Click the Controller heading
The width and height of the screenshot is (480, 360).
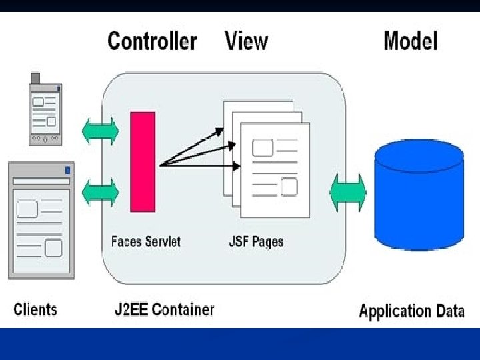pyautogui.click(x=152, y=41)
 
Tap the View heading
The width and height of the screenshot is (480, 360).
pyautogui.click(x=246, y=41)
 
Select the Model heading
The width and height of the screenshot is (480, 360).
pyautogui.click(x=410, y=41)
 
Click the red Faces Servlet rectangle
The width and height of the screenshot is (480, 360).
pyautogui.click(x=143, y=162)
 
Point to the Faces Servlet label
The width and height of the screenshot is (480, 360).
pyautogui.click(x=145, y=241)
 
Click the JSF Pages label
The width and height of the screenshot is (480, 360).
pyautogui.click(x=256, y=241)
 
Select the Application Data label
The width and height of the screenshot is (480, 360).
pyautogui.click(x=411, y=311)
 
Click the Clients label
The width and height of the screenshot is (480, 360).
pyautogui.click(x=36, y=309)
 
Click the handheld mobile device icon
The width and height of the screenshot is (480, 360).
pyautogui.click(x=45, y=109)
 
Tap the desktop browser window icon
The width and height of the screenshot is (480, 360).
pyautogui.click(x=39, y=220)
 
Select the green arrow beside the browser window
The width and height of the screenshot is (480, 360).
pyautogui.click(x=100, y=192)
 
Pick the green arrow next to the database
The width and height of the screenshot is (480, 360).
pyautogui.click(x=348, y=192)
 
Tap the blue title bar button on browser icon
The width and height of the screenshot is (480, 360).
pyautogui.click(x=67, y=171)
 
